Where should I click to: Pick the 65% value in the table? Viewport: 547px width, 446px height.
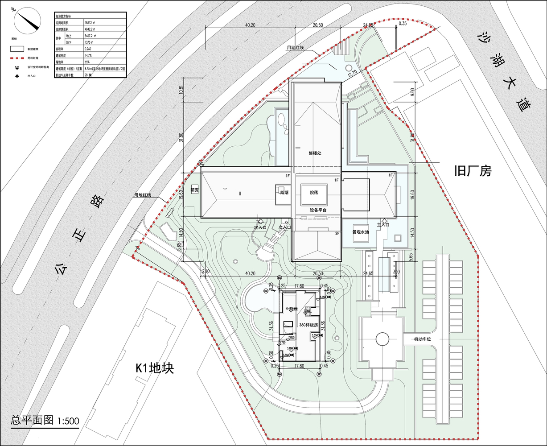click(87, 62)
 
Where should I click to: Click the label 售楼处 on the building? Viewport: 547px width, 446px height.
click(315, 153)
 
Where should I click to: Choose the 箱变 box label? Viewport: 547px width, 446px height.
click(194, 189)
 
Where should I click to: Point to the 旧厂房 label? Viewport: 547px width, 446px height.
click(473, 171)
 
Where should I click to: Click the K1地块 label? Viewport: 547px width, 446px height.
click(154, 368)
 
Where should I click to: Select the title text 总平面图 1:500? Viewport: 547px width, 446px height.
click(45, 420)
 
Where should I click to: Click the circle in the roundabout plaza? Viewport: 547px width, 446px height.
click(382, 339)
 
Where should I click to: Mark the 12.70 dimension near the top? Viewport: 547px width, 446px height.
click(352, 72)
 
